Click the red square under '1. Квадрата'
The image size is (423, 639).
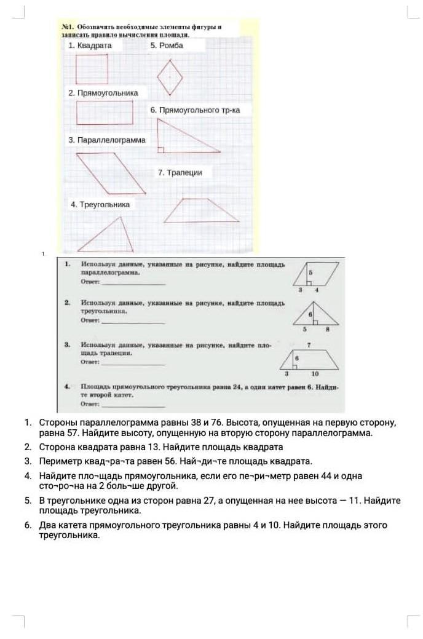pos(92,69)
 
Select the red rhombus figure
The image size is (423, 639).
pos(170,77)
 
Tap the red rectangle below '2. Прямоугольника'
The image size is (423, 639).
pos(105,113)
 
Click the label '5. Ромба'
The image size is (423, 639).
pos(167,46)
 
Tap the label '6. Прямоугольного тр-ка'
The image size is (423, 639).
pos(195,110)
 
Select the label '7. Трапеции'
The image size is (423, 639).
pos(180,173)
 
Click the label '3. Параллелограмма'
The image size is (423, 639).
pos(107,140)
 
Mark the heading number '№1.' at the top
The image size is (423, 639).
pos(68,28)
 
